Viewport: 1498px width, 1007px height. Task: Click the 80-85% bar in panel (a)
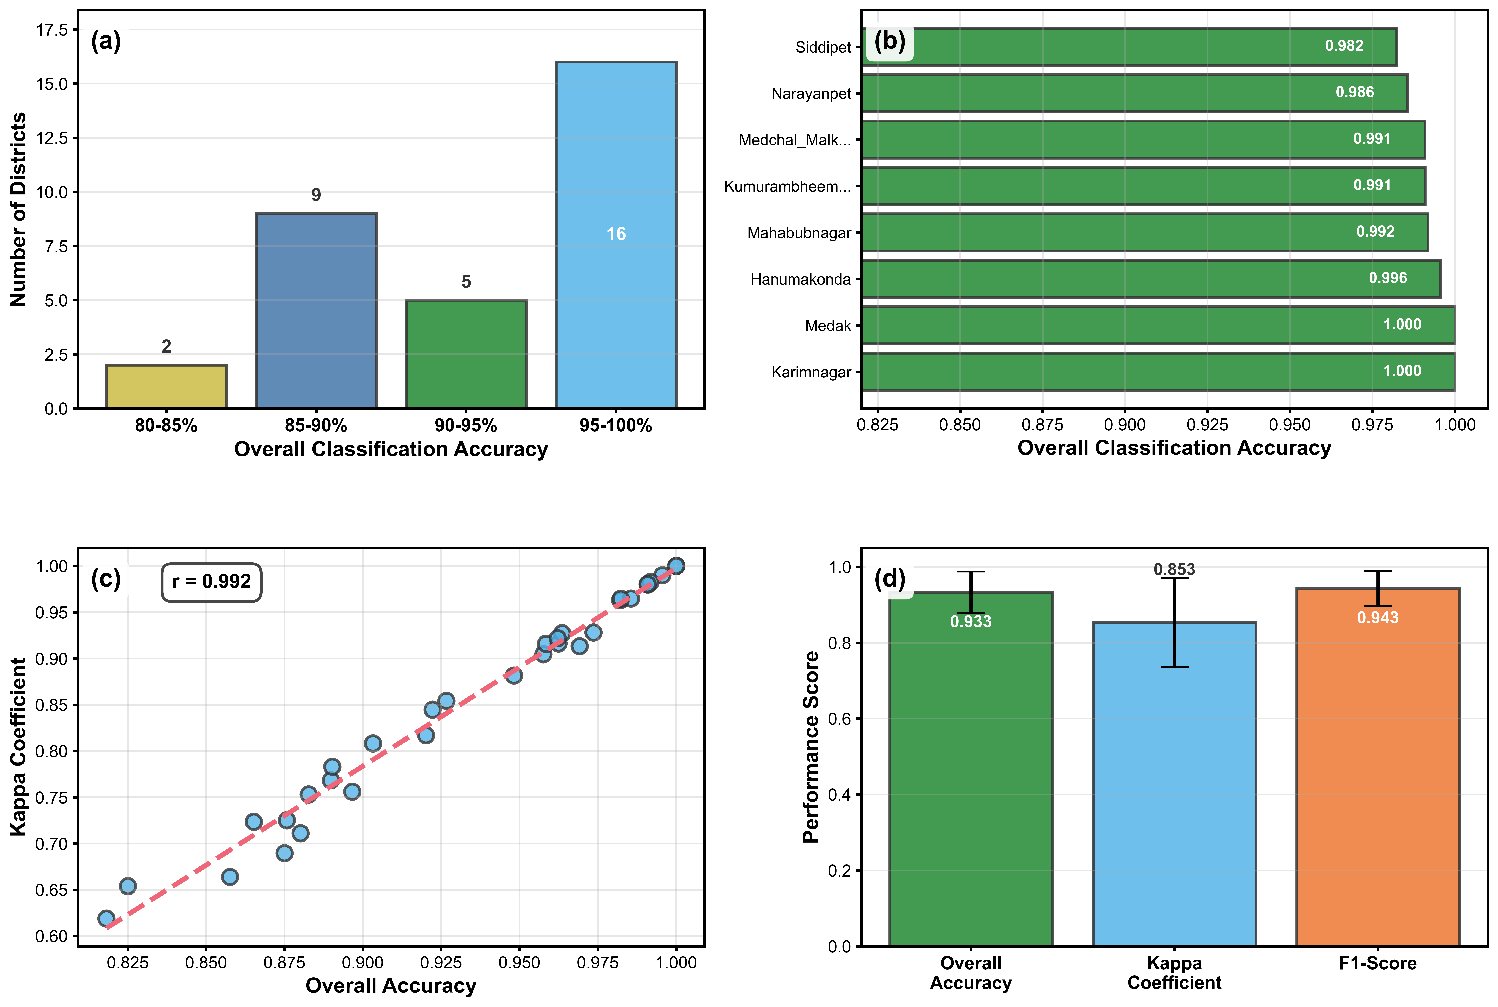point(166,387)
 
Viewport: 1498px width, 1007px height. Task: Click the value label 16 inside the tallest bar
point(616,234)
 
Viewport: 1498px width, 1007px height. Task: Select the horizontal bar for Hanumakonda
point(1151,279)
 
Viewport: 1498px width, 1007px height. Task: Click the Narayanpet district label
point(811,94)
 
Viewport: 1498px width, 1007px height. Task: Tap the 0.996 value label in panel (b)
point(1388,278)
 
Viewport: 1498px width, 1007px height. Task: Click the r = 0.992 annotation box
point(211,582)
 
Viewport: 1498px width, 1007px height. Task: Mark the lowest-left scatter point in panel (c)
point(107,918)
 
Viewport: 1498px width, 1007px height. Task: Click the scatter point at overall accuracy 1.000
point(675,566)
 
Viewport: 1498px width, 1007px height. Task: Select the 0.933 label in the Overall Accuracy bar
point(971,622)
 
